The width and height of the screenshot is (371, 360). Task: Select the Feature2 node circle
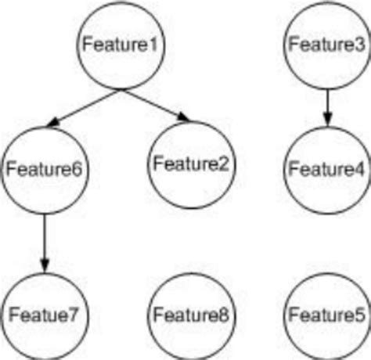[190, 164]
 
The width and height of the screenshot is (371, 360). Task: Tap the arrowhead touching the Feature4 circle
[326, 121]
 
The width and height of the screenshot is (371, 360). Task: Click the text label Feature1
[121, 45]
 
